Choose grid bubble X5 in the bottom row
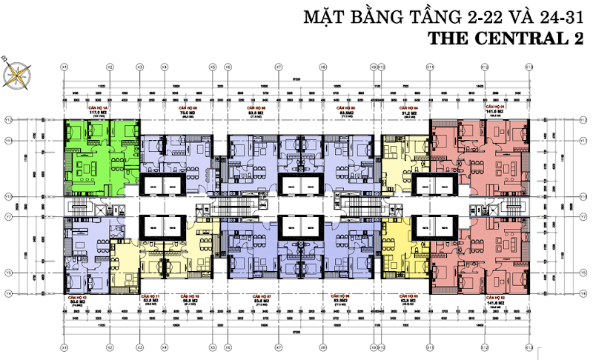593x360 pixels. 213,347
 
